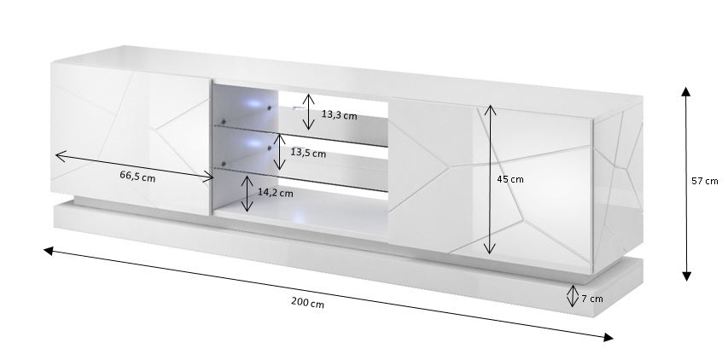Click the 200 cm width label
[x=306, y=304]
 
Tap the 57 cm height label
[x=706, y=181]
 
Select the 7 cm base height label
[x=591, y=299]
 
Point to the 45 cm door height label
[x=510, y=179]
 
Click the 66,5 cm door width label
[x=137, y=177]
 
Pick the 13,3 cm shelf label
[x=338, y=113]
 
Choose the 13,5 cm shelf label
[x=308, y=154]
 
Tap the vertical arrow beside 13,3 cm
[x=310, y=113]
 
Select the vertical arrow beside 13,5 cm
[x=279, y=151]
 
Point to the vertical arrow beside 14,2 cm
[x=247, y=194]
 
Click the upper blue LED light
[x=254, y=106]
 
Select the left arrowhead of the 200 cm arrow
[x=49, y=251]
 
